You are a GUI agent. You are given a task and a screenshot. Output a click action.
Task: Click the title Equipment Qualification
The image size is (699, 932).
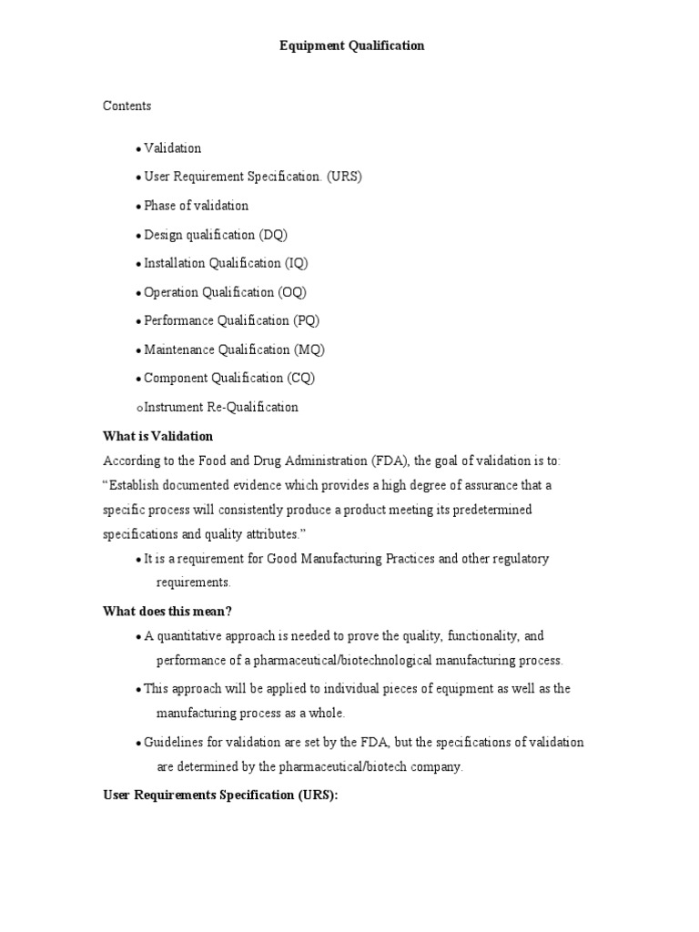(351, 46)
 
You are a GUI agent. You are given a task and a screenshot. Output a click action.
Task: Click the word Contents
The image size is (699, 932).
(127, 106)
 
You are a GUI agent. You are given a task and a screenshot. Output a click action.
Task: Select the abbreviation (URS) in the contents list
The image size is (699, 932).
(344, 177)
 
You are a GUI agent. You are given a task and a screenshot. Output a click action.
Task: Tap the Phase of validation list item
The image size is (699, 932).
(196, 206)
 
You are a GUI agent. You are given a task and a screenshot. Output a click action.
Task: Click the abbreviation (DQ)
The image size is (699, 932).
(273, 235)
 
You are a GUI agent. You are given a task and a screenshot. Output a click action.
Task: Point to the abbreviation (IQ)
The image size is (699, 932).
(296, 263)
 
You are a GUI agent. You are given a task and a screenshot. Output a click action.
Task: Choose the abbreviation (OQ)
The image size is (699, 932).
(292, 292)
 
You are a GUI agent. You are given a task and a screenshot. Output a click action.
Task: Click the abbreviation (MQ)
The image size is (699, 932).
(309, 349)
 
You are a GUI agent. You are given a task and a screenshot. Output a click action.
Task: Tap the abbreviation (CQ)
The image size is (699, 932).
(301, 378)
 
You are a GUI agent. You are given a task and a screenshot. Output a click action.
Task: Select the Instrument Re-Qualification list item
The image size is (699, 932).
(220, 407)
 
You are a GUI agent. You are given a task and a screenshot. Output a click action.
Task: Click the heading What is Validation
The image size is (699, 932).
(157, 436)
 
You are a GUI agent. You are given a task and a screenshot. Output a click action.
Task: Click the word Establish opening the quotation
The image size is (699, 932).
(134, 485)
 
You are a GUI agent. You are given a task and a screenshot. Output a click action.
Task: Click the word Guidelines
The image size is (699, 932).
(174, 743)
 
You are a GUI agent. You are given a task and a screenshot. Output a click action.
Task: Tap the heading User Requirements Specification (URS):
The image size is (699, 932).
(220, 795)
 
